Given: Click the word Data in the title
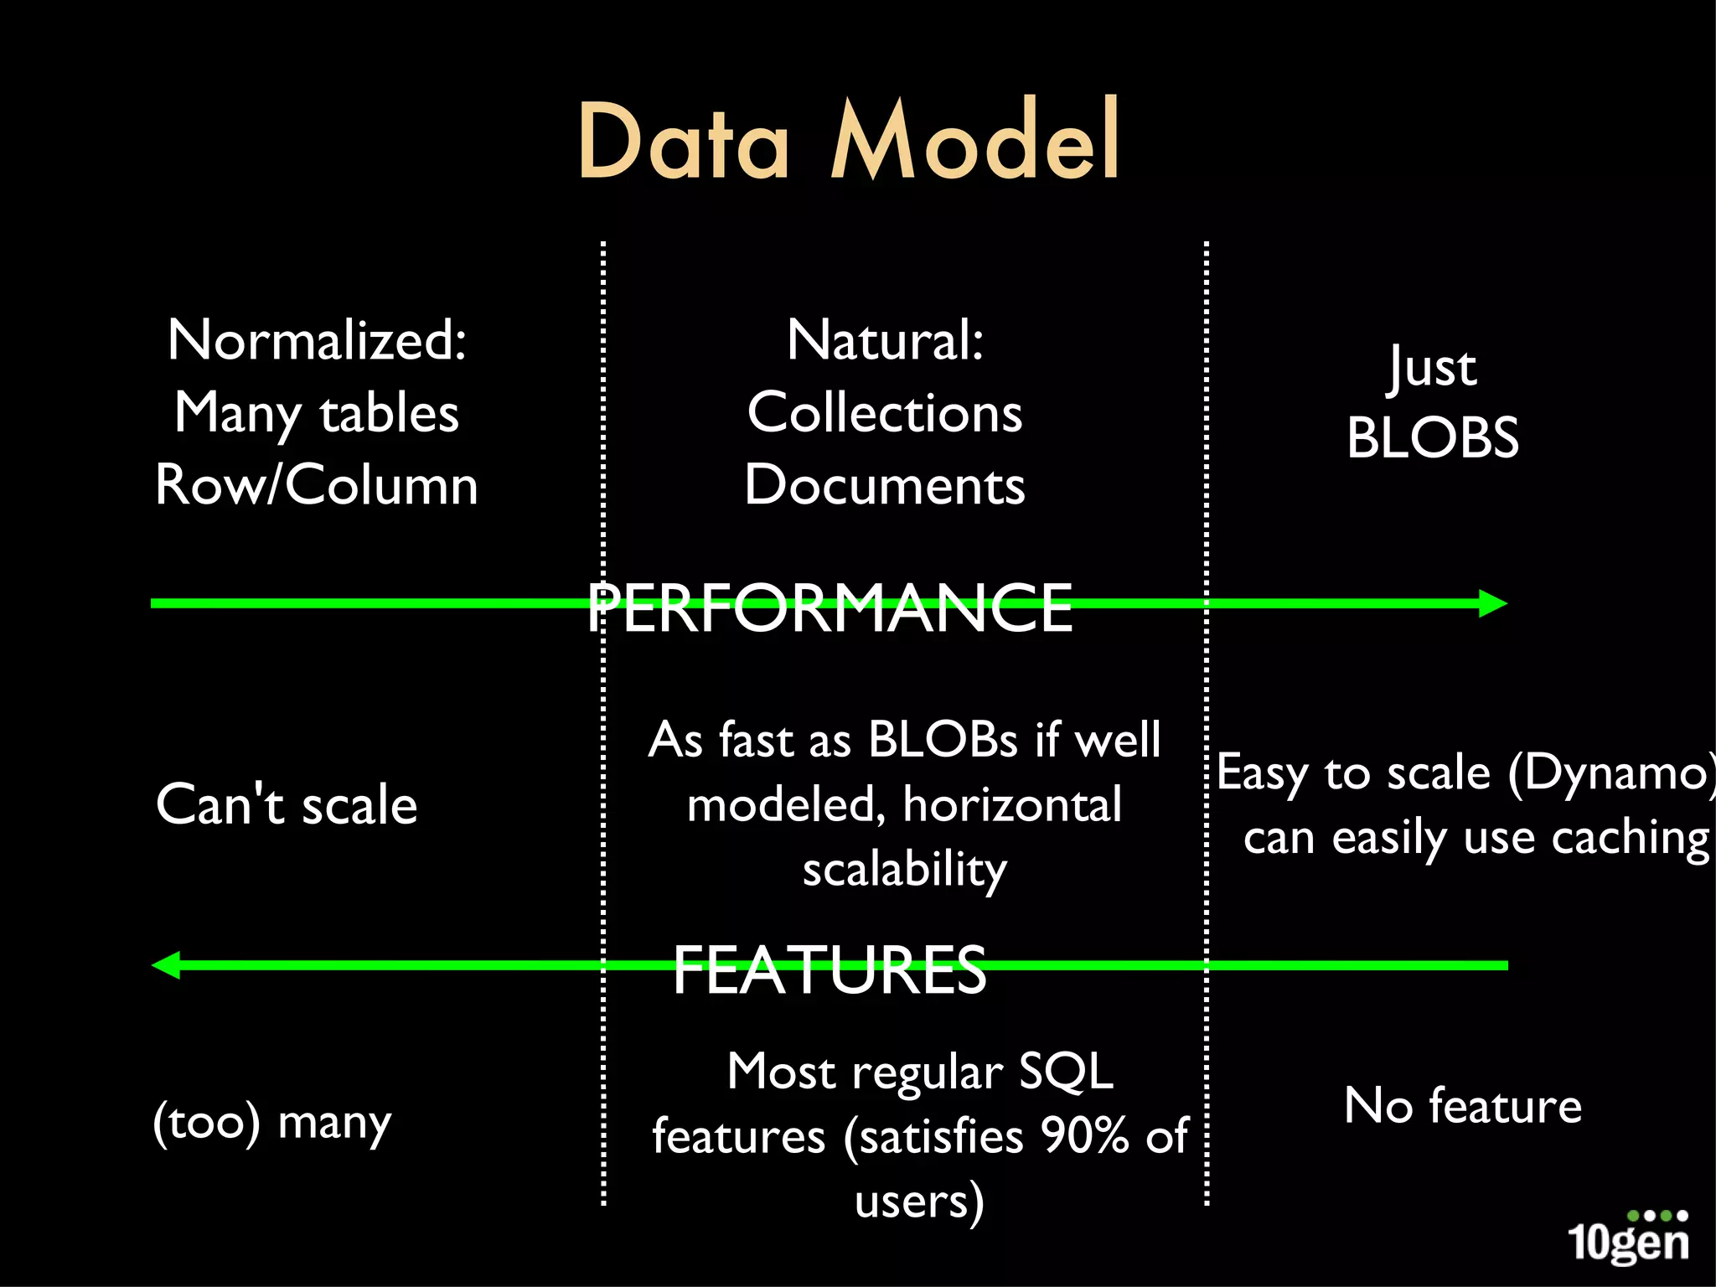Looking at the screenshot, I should click(x=683, y=141).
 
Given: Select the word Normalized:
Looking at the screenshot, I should click(x=317, y=340).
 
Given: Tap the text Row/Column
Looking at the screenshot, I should click(x=317, y=485).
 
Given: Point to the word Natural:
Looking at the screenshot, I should click(x=885, y=340).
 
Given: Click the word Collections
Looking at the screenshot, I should click(x=885, y=413).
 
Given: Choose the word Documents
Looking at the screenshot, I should click(x=885, y=485).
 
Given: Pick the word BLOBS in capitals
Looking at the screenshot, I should click(x=1433, y=438).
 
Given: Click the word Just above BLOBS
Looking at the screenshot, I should click(x=1433, y=369).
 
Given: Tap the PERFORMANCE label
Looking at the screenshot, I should click(x=830, y=607).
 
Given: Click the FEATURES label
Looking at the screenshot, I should click(x=830, y=969).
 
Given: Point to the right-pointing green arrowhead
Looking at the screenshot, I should click(x=1492, y=603).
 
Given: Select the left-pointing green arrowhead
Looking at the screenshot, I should click(x=167, y=965).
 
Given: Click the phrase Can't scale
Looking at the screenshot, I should click(x=287, y=805).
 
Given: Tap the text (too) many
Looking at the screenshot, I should click(x=272, y=1123).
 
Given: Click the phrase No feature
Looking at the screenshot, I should click(x=1463, y=1106).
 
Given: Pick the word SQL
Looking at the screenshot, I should click(x=1066, y=1072).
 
